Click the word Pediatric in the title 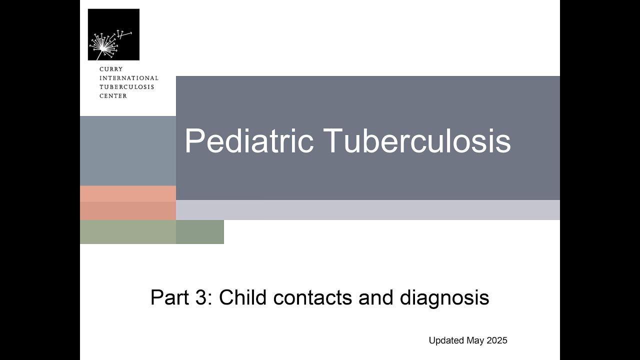pos(249,141)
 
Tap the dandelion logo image pos(113,34)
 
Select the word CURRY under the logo pos(111,69)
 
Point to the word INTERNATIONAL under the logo pos(128,78)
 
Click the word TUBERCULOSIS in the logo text pos(126,87)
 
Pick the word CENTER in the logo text pos(113,96)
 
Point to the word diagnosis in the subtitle pos(444,297)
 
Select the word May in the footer pos(475,340)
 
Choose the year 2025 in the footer pos(497,340)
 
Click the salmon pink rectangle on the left pos(128,202)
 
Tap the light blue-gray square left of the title pos(128,150)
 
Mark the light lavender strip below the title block pos(367,210)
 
